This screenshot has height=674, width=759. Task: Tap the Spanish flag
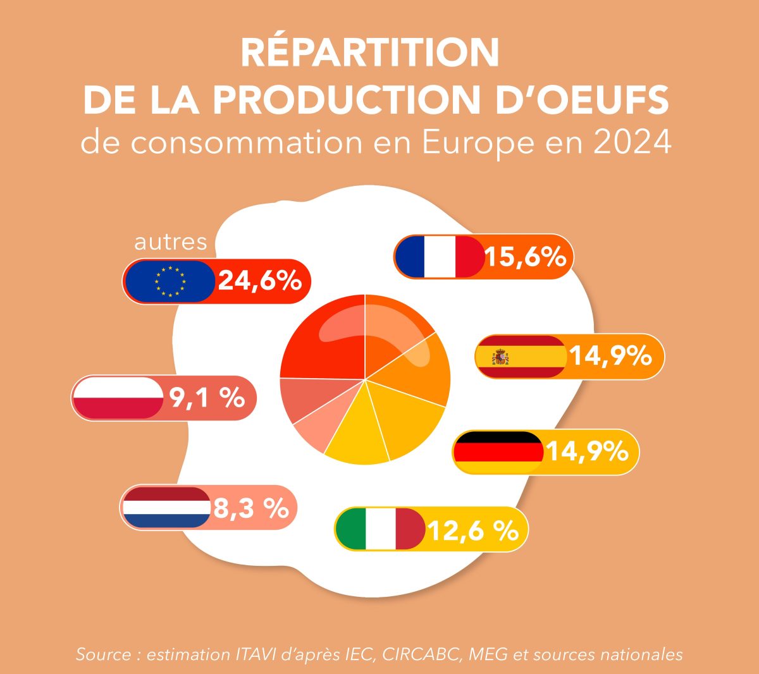pyautogui.click(x=520, y=357)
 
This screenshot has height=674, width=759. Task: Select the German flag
pyautogui.click(x=498, y=452)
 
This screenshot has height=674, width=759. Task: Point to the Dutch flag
pyautogui.click(x=166, y=507)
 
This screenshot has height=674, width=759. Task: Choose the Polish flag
pyautogui.click(x=118, y=398)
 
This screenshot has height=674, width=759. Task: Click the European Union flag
pyautogui.click(x=170, y=281)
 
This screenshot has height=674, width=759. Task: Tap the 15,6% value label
pyautogui.click(x=524, y=257)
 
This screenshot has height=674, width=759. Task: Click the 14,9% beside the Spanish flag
pyautogui.click(x=610, y=357)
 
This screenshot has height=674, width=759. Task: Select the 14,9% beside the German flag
pyautogui.click(x=587, y=452)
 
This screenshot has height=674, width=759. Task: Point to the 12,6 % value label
pyautogui.click(x=473, y=530)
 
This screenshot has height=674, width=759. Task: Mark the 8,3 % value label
pyautogui.click(x=251, y=508)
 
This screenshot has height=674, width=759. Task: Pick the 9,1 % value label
pyautogui.click(x=207, y=398)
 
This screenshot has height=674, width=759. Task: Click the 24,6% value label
pyautogui.click(x=259, y=281)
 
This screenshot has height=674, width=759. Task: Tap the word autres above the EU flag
pyautogui.click(x=171, y=242)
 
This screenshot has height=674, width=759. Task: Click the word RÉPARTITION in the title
pyautogui.click(x=370, y=53)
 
